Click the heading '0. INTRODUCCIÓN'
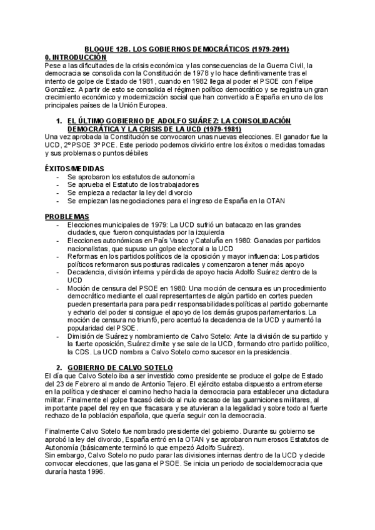click(x=72, y=56)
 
